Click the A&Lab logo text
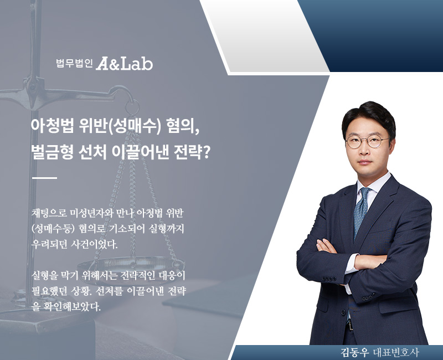[x=125, y=64]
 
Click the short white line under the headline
[x=45, y=178]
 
